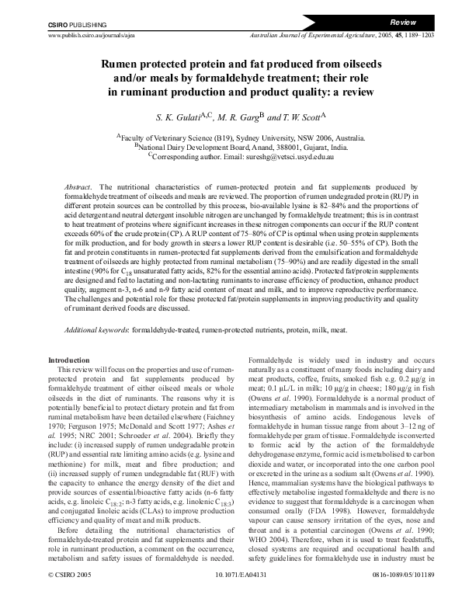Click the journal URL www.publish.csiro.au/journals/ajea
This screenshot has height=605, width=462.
click(x=90, y=36)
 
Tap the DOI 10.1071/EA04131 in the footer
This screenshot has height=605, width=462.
click(x=231, y=596)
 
